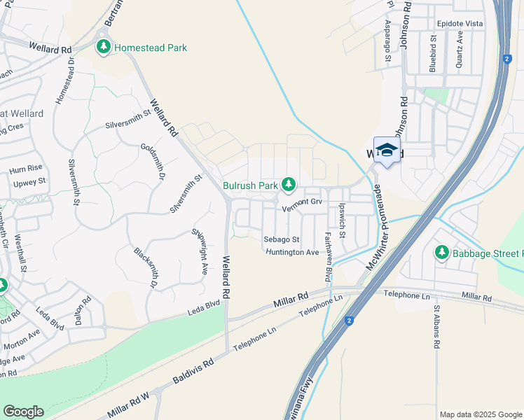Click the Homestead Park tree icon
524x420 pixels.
pyautogui.click(x=104, y=48)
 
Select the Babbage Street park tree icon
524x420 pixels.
pyautogui.click(x=441, y=252)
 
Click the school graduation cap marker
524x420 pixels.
pyautogui.click(x=387, y=150)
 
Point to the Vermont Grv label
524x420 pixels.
pyautogui.click(x=301, y=201)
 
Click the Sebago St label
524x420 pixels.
pyautogui.click(x=282, y=239)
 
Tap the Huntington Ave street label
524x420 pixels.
pyautogui.click(x=293, y=252)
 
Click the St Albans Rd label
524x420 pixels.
pyautogui.click(x=436, y=327)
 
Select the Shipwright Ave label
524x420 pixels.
pyautogui.click(x=200, y=250)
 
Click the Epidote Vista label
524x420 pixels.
pyautogui.click(x=459, y=23)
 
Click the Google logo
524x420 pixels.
pyautogui.click(x=23, y=412)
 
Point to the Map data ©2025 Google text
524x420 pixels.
pyautogui.click(x=480, y=414)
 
